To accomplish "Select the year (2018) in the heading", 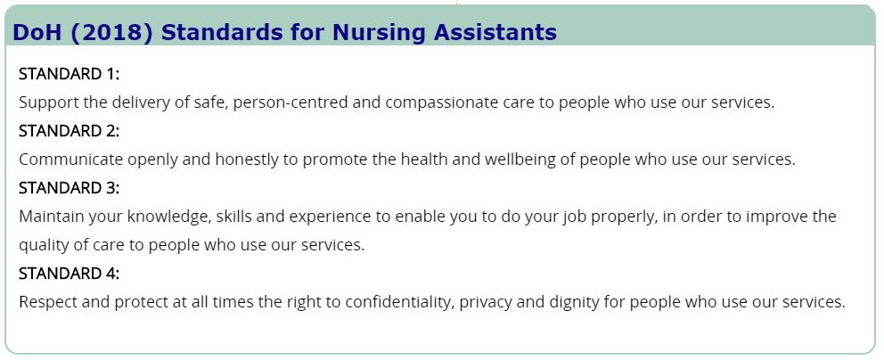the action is click(112, 33).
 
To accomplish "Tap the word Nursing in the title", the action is click(381, 33).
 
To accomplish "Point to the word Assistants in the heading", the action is click(495, 32).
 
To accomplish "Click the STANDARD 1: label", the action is click(70, 74).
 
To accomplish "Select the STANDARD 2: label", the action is click(70, 131).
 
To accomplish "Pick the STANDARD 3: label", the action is click(70, 188).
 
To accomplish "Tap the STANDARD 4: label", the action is click(70, 274).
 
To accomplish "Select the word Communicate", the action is click(70, 160).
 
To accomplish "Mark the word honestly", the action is click(247, 160).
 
